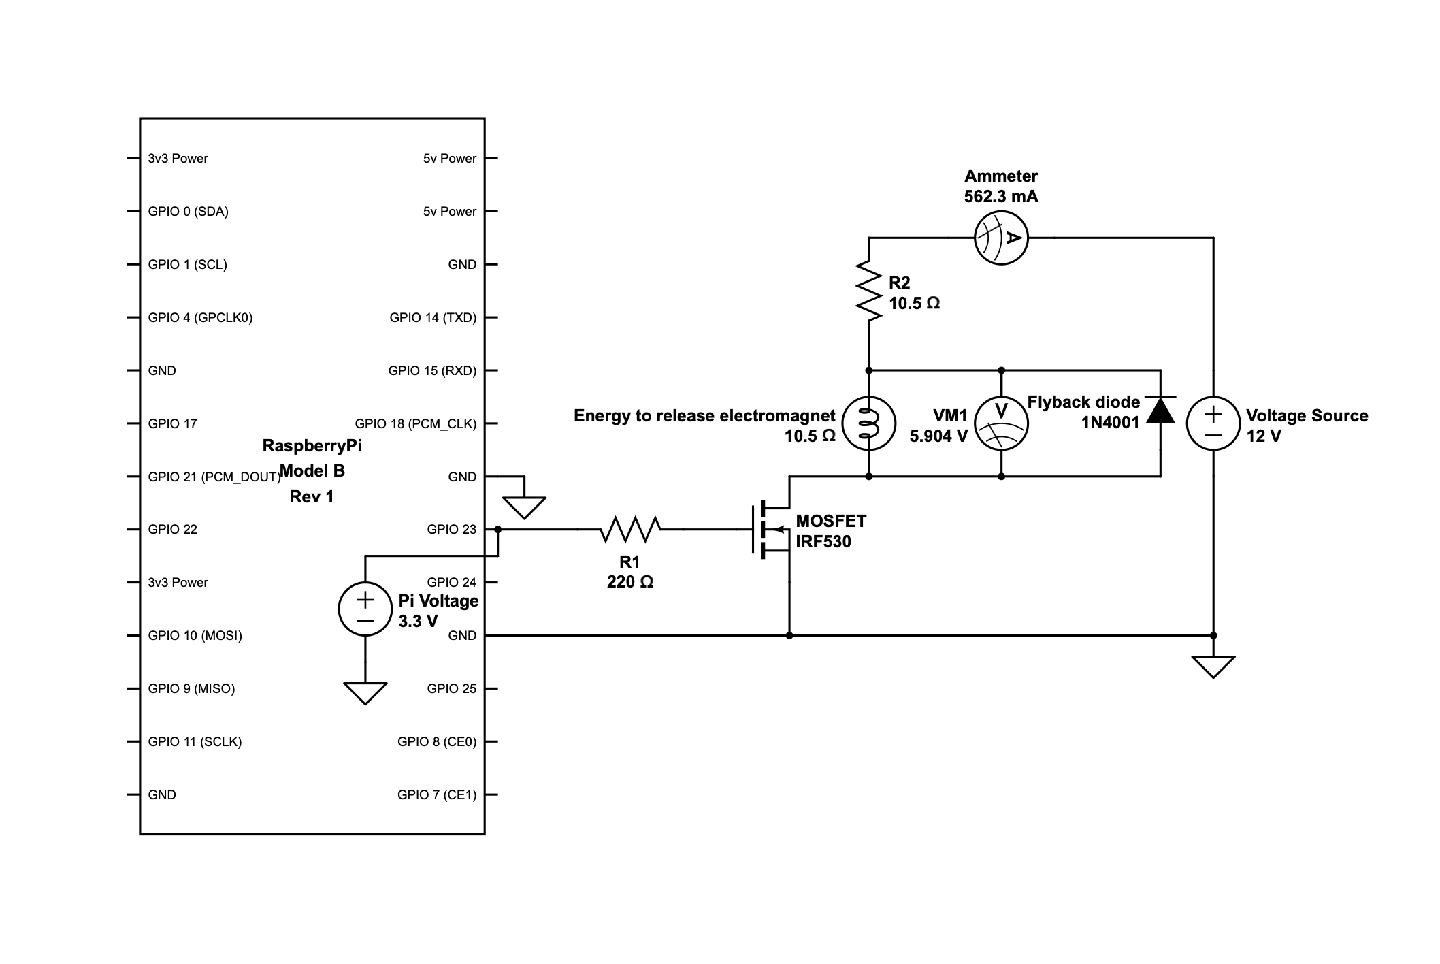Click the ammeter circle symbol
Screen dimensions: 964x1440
(1001, 238)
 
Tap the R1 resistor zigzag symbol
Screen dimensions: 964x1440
(630, 529)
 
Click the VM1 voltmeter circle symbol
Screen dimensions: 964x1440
(1001, 423)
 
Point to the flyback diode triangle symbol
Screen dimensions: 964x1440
(1160, 410)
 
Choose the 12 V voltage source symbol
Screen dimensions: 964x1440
(1213, 423)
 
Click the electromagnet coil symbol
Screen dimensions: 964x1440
(868, 423)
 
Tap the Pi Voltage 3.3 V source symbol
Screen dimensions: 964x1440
(365, 609)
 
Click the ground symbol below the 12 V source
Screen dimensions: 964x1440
(1213, 666)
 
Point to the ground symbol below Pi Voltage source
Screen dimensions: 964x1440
(365, 692)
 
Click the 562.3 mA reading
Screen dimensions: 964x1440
(1001, 197)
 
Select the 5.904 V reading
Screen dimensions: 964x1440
(938, 436)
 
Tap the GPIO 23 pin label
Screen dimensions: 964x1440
(452, 530)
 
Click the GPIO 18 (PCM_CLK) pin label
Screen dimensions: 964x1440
(416, 423)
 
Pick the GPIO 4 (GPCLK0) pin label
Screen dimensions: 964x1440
(200, 317)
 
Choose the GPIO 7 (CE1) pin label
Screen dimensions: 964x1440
(437, 794)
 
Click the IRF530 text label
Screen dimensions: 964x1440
(823, 542)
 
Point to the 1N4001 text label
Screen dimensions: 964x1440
(1110, 423)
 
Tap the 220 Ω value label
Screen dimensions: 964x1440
(630, 582)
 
